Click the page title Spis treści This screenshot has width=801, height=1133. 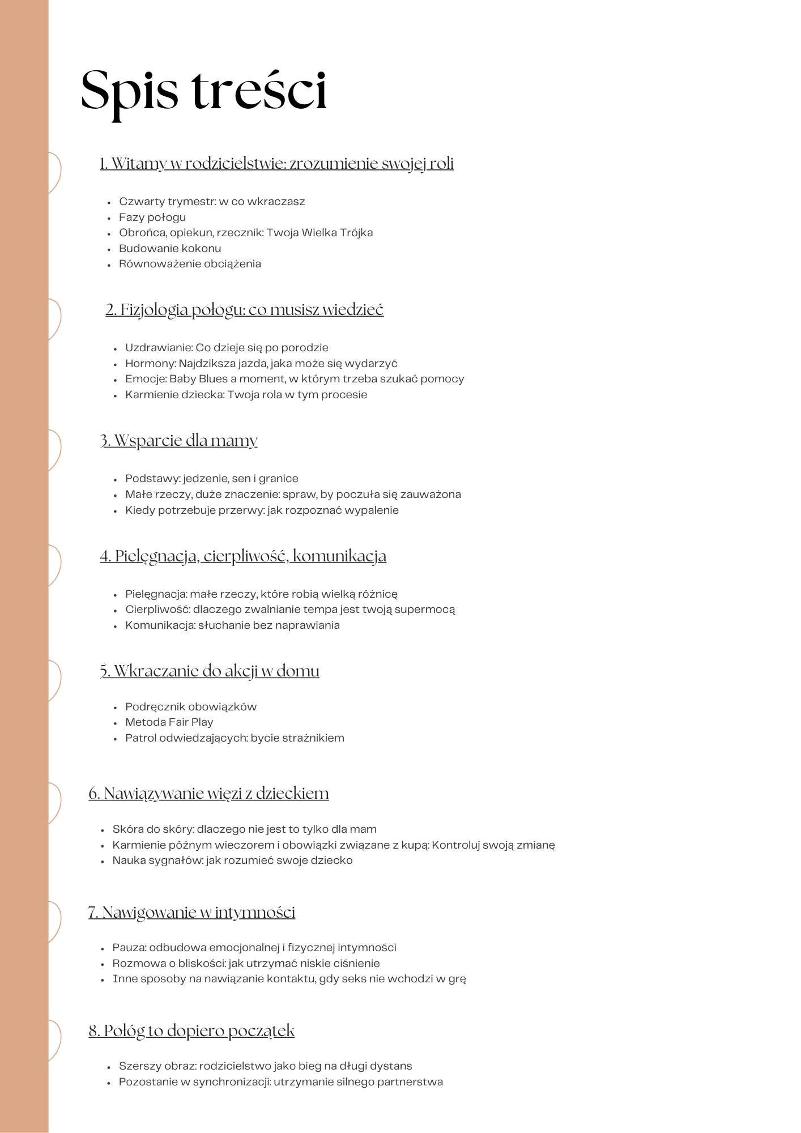pyautogui.click(x=204, y=91)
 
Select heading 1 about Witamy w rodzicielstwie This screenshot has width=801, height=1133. pyautogui.click(x=276, y=164)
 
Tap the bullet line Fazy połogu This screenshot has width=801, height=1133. pyautogui.click(x=152, y=218)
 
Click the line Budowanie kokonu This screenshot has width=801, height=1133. pyautogui.click(x=170, y=249)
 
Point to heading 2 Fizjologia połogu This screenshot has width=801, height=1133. pyautogui.click(x=244, y=310)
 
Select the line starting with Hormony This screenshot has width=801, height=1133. pyautogui.click(x=261, y=364)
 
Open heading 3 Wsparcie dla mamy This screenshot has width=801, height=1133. pyautogui.click(x=178, y=441)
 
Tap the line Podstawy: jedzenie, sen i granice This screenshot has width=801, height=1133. pyautogui.click(x=211, y=479)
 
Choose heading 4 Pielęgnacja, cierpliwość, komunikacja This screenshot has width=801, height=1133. pyautogui.click(x=243, y=556)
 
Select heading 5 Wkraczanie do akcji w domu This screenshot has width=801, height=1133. pyautogui.click(x=210, y=671)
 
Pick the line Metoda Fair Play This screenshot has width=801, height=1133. pyautogui.click(x=169, y=722)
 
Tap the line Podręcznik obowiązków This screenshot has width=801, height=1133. pyautogui.click(x=191, y=707)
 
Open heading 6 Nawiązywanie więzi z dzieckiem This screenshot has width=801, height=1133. pyautogui.click(x=208, y=794)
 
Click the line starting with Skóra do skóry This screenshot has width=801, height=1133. pyautogui.click(x=244, y=829)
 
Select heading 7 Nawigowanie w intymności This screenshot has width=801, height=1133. pyautogui.click(x=191, y=913)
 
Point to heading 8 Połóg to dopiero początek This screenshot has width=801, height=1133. pyautogui.click(x=191, y=1031)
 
